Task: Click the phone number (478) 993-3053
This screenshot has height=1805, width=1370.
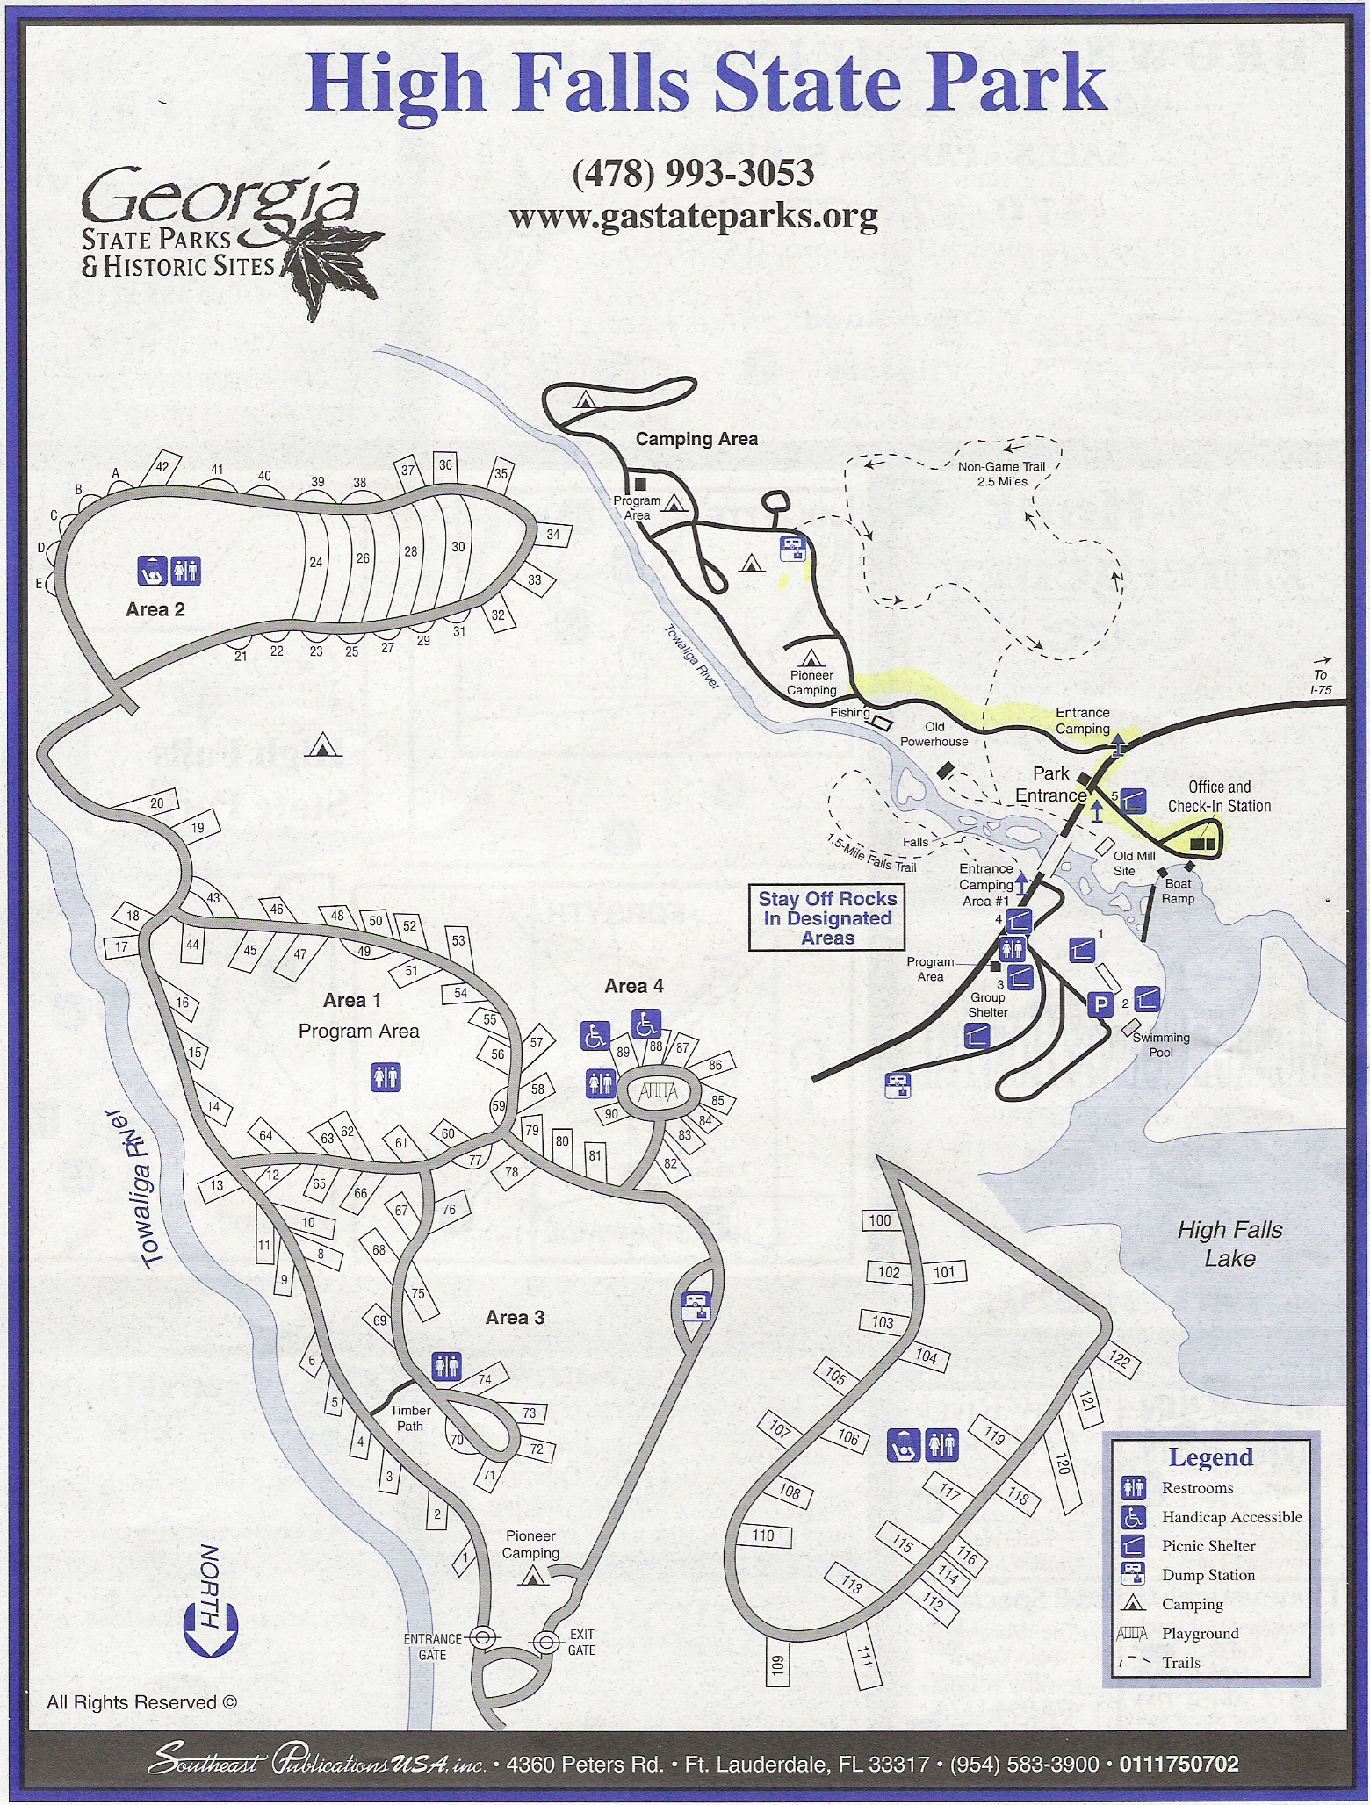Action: (x=693, y=173)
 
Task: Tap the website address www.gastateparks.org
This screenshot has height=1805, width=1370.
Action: (x=693, y=215)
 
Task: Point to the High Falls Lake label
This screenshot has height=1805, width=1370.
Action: (x=1229, y=1244)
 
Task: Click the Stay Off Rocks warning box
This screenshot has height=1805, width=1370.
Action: (x=826, y=918)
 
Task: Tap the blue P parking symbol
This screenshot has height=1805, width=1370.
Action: (x=1100, y=1004)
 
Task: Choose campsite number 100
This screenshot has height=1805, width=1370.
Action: (x=879, y=1220)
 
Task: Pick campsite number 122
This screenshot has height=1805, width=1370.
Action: (x=1118, y=1361)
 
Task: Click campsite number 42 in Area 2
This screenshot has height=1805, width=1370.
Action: (x=162, y=467)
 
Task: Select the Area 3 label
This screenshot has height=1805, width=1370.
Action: (x=515, y=1318)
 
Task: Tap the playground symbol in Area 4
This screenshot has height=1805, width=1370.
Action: (x=658, y=1092)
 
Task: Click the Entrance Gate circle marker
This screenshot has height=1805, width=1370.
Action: (x=480, y=1637)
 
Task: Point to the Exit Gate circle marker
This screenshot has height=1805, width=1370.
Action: (x=546, y=1642)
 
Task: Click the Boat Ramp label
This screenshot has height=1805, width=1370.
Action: (x=1178, y=891)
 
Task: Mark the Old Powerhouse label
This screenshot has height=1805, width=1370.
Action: (x=934, y=734)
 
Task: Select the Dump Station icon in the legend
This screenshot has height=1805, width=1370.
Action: (x=1133, y=1575)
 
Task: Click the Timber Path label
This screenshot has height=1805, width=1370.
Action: (x=410, y=1418)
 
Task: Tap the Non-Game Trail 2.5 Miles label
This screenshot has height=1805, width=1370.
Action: (x=1001, y=474)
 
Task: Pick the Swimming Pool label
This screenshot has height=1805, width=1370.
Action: (x=1161, y=1045)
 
